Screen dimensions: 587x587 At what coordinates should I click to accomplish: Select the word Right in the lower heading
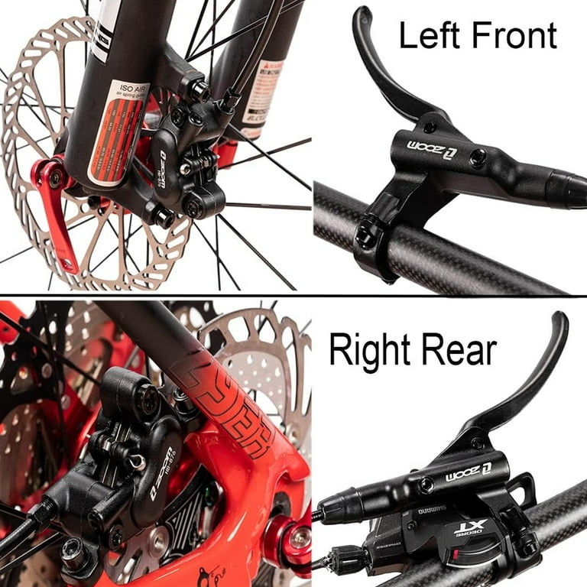(368, 349)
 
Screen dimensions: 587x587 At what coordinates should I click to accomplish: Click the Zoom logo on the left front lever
(426, 143)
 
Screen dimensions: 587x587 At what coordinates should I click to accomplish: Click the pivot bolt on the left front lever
(428, 127)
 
